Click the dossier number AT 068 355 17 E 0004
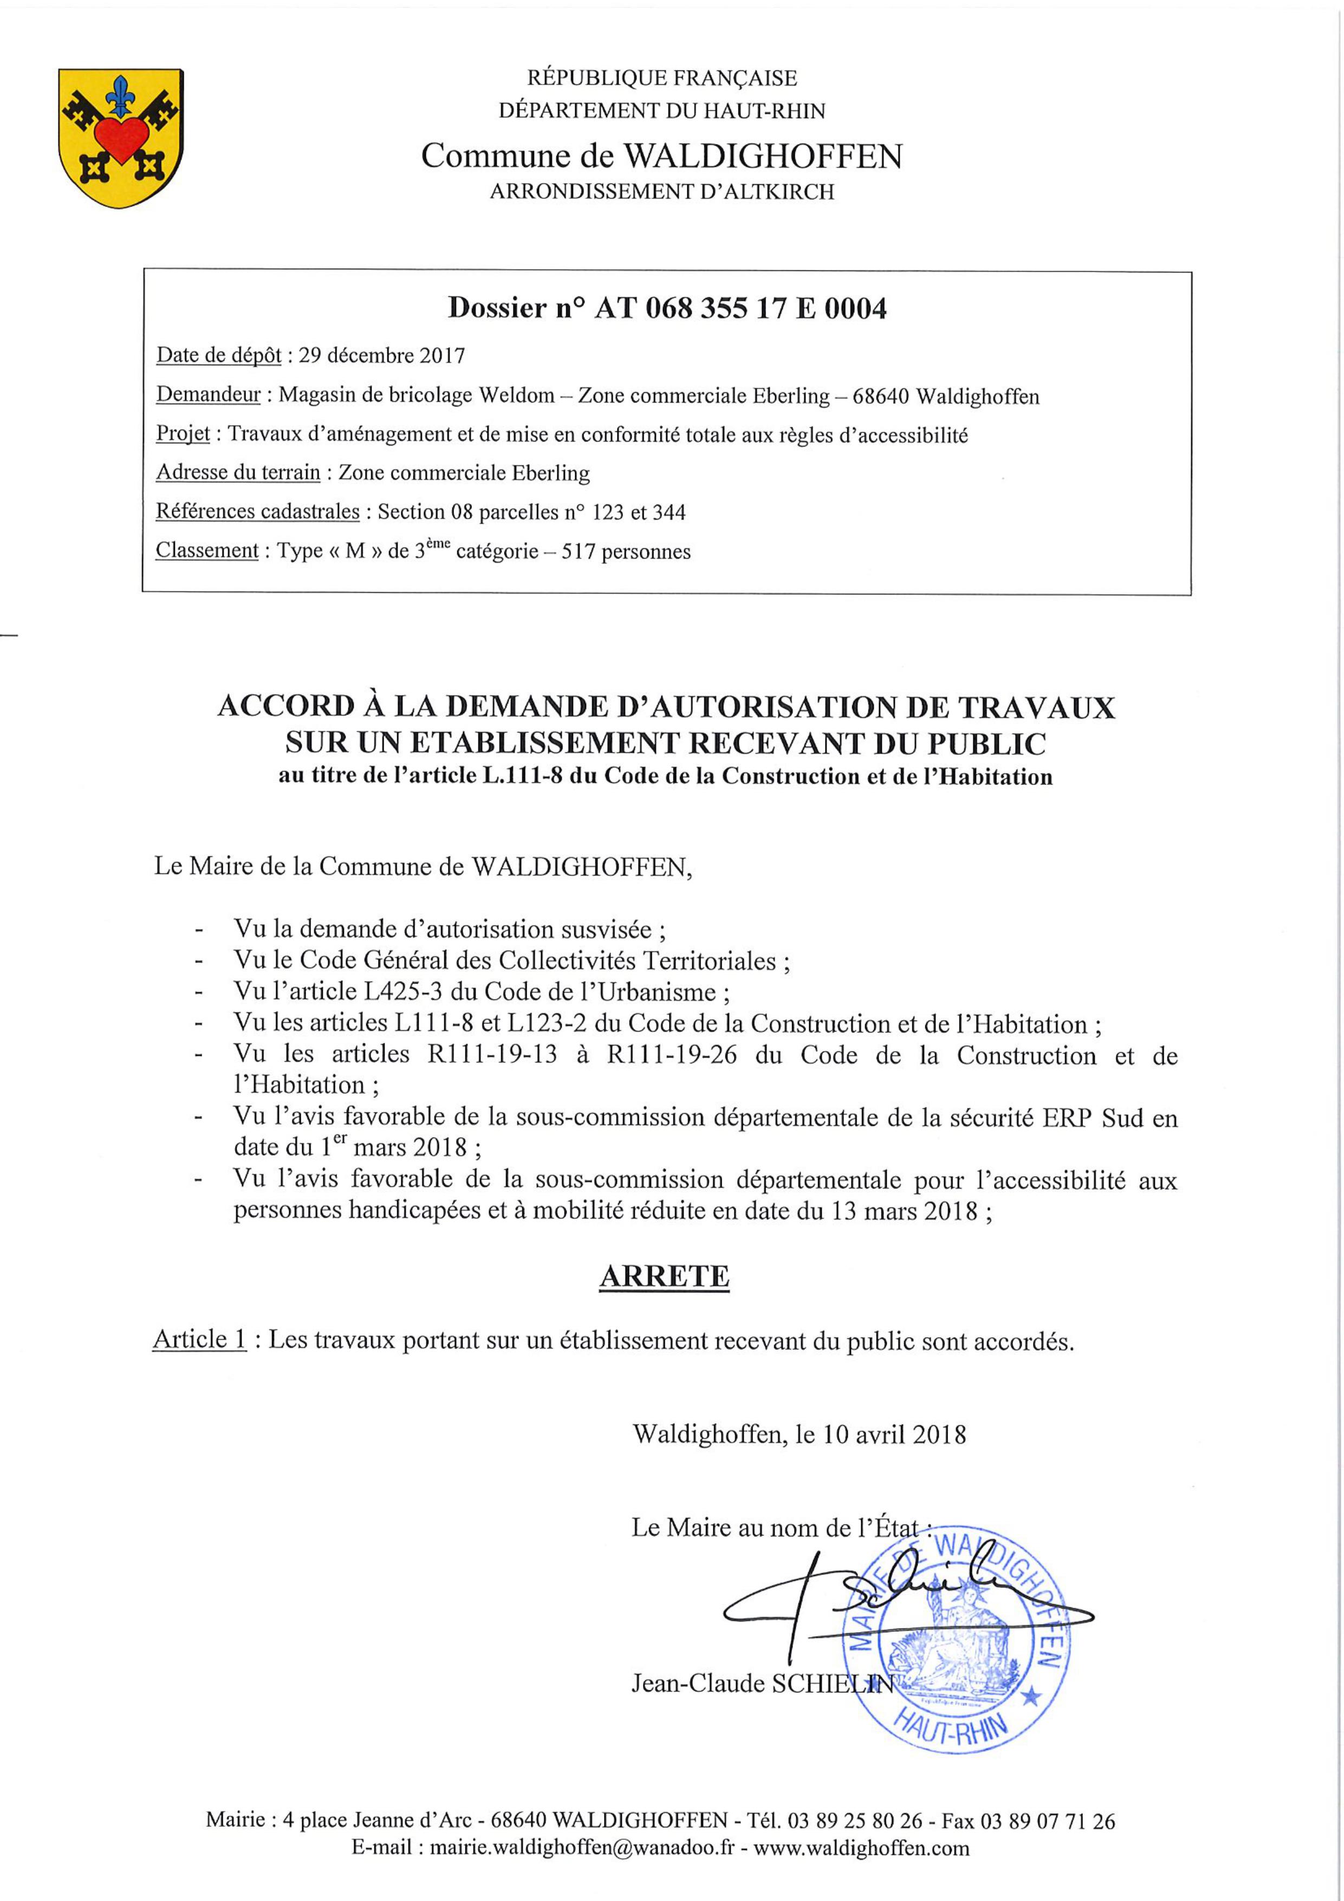741,309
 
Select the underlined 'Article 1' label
199,1340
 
